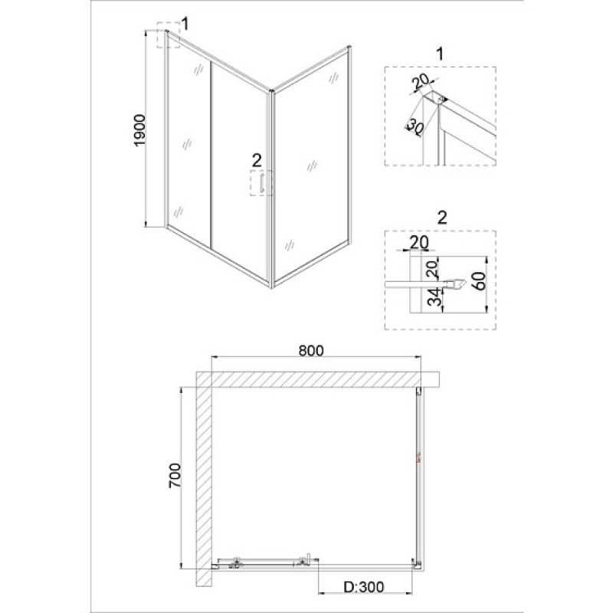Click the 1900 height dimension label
pyautogui.click(x=139, y=130)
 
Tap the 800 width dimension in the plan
pyautogui.click(x=311, y=351)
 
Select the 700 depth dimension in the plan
pyautogui.click(x=175, y=475)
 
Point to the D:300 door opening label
pyautogui.click(x=363, y=587)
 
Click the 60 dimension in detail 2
pyautogui.click(x=480, y=281)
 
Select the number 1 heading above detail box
pyautogui.click(x=441, y=54)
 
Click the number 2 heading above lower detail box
pyautogui.click(x=442, y=218)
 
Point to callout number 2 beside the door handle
pyautogui.click(x=257, y=160)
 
